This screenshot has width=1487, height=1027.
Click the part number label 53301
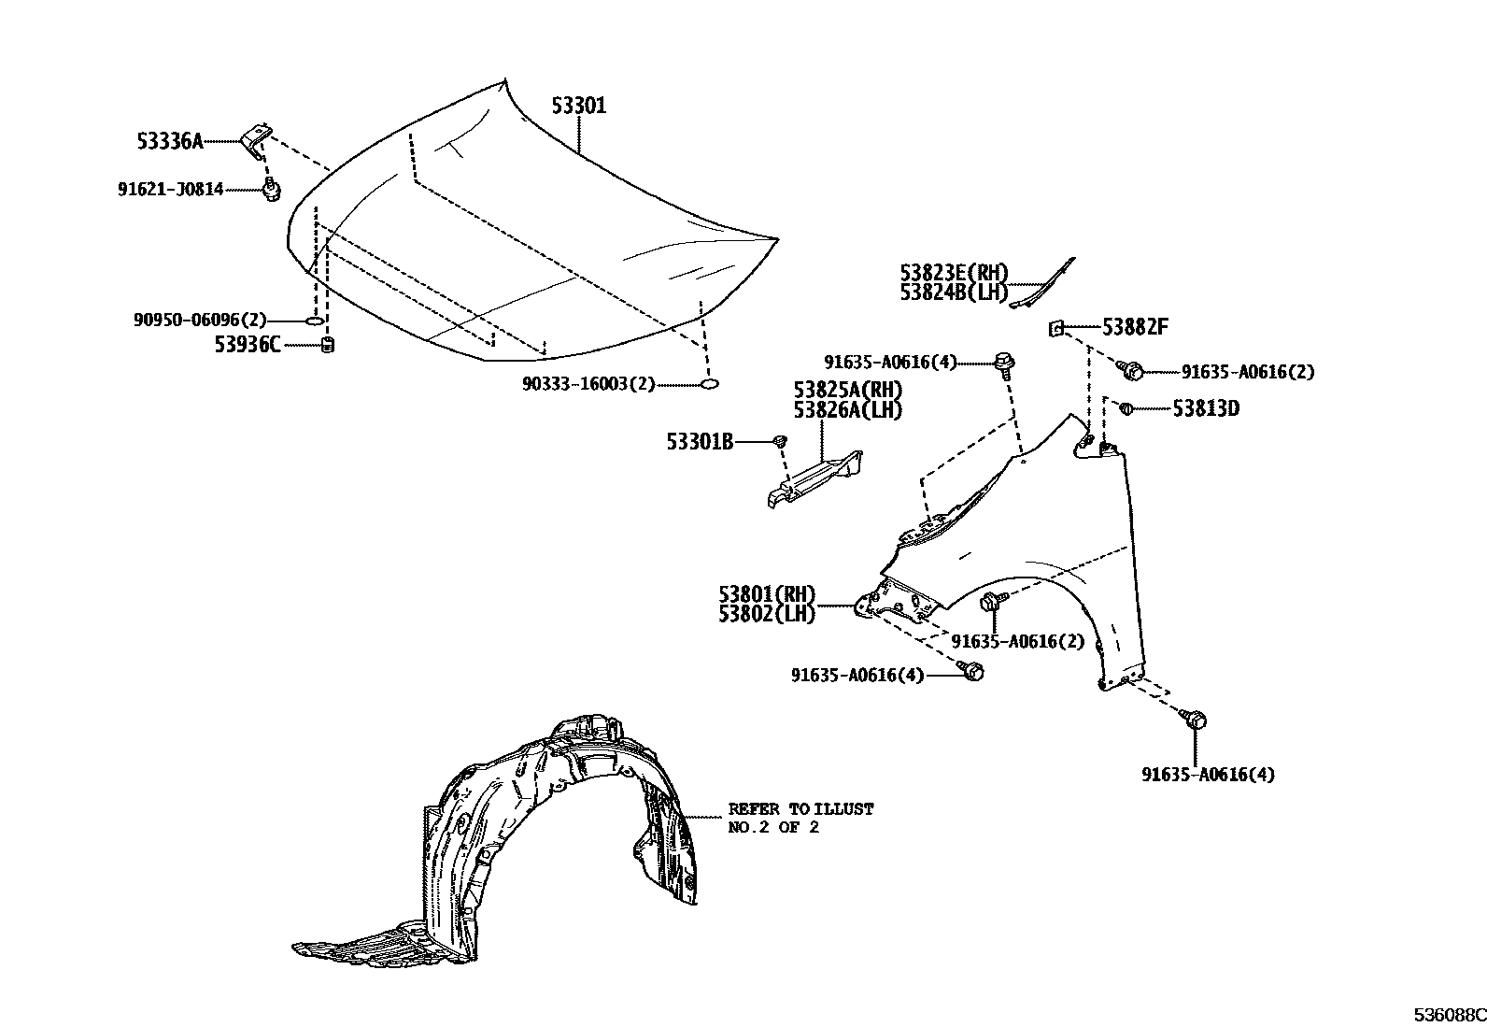point(578,107)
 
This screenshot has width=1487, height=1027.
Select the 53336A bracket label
point(169,141)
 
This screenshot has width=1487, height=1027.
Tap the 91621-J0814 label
point(171,190)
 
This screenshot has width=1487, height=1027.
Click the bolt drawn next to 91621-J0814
point(271,189)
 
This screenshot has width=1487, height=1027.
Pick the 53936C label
point(247,345)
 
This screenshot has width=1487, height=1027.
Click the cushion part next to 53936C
point(328,346)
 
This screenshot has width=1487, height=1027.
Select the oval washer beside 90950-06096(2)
point(316,321)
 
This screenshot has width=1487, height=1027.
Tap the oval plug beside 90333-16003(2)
point(709,383)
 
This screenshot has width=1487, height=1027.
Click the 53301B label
point(700,440)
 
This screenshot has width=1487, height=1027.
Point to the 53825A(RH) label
point(848,390)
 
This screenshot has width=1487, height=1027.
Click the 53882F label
point(1135,327)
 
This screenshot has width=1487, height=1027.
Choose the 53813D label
point(1206,408)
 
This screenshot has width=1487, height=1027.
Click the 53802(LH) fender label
point(767,614)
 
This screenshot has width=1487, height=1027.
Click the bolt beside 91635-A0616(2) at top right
point(1132,370)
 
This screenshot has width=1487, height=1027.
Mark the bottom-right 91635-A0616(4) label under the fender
point(1207,774)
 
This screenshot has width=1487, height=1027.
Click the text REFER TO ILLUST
point(800,809)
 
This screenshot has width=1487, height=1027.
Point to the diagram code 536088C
point(1448,1014)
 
